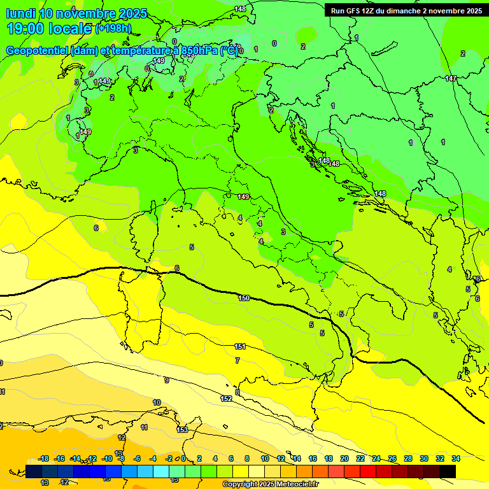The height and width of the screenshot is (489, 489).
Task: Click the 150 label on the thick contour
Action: pos(244,298)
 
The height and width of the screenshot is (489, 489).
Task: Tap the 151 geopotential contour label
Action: pos(240,346)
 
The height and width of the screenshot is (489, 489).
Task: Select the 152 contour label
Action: pos(226,399)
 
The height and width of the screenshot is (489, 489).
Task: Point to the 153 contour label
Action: pos(182,430)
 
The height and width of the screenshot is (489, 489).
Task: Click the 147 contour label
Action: pos(451,78)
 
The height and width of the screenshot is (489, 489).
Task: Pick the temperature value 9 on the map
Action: pos(167,380)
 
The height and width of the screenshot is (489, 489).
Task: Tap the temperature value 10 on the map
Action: pos(157,402)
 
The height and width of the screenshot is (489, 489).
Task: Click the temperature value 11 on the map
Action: pos(145,428)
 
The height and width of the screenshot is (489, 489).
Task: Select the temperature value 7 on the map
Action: pos(237,360)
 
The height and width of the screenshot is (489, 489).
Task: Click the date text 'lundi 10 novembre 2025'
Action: pos(76,13)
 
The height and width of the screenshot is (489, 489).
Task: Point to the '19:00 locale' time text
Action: pos(50,28)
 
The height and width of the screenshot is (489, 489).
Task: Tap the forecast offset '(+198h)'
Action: pos(115,29)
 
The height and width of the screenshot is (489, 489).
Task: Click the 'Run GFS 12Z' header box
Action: pos(406,10)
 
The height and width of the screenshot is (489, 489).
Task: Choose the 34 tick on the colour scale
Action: pos(456,458)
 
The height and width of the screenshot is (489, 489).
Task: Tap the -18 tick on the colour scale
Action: pos(44,458)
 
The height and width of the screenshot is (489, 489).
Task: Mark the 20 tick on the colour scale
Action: pos(344,458)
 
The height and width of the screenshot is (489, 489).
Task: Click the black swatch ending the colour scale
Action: pos(448,471)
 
